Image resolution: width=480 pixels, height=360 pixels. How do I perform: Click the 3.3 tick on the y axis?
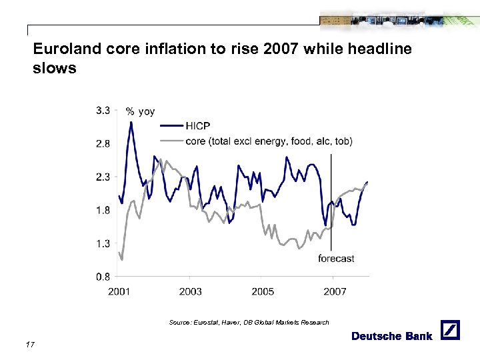[x=103, y=111]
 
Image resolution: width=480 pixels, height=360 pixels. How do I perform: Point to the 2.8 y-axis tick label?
[x=103, y=143]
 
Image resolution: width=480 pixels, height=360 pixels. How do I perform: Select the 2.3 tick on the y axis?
[x=103, y=177]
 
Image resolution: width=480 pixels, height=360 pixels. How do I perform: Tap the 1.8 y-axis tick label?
[x=103, y=210]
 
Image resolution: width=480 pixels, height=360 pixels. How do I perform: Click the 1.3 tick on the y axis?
[x=103, y=243]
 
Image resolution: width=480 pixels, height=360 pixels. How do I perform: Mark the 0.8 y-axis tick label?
[x=103, y=276]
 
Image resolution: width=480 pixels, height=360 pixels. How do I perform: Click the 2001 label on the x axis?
[x=119, y=291]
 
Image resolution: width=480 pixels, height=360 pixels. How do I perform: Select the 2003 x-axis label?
[x=191, y=291]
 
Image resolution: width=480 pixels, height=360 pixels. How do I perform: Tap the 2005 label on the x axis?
[x=263, y=291]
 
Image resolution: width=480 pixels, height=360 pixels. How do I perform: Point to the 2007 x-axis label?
[x=335, y=291]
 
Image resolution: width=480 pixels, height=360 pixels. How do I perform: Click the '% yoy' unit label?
[x=141, y=111]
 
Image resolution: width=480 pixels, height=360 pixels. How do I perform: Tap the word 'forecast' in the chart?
[x=336, y=258]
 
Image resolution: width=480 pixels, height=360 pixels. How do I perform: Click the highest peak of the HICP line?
[x=131, y=122]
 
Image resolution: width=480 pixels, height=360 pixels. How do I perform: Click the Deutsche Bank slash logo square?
[x=450, y=330]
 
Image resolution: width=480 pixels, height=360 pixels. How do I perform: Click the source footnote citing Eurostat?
[x=249, y=323]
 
